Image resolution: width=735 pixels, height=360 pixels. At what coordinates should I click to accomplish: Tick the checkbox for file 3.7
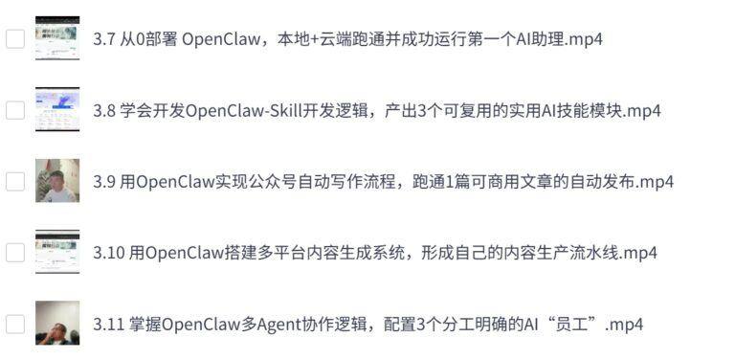click(14, 39)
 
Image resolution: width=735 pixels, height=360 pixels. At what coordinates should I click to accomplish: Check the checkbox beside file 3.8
click(14, 110)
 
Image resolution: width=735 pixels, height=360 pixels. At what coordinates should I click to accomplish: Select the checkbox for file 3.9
click(14, 181)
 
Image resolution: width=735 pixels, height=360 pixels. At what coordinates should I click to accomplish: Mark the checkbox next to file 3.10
click(14, 253)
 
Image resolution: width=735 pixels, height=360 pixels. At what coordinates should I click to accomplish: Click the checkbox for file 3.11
click(14, 324)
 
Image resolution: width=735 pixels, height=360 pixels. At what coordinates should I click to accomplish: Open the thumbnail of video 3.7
click(57, 38)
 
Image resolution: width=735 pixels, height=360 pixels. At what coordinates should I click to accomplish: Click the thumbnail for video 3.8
click(57, 109)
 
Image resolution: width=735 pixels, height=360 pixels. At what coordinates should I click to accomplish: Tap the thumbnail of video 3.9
click(57, 180)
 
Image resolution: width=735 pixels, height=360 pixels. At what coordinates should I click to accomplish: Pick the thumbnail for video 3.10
click(57, 252)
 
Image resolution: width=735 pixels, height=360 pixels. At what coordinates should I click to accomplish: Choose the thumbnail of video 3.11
click(57, 323)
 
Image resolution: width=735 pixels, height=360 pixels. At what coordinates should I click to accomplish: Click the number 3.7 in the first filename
click(104, 40)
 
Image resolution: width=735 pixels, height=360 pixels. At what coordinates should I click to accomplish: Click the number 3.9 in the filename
click(104, 182)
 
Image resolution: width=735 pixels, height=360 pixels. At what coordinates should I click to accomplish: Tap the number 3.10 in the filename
click(109, 254)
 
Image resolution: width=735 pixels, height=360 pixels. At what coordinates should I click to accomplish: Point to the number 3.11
click(108, 325)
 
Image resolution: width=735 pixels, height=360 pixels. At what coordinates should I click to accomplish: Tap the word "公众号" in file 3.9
click(278, 182)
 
